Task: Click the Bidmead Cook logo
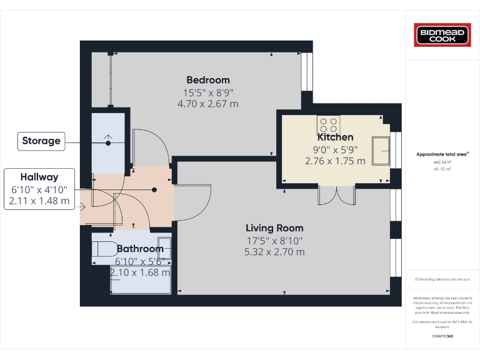442,34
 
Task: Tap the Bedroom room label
208,80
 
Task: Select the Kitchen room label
335,137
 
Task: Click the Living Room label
274,228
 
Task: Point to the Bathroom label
140,249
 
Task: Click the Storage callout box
42,141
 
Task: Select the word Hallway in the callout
39,177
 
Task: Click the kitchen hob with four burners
329,125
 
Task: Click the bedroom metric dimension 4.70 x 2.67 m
208,104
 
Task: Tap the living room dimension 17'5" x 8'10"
274,241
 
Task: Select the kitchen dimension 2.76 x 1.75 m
335,161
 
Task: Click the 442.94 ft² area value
442,162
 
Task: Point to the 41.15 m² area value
442,168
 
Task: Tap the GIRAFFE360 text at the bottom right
442,336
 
